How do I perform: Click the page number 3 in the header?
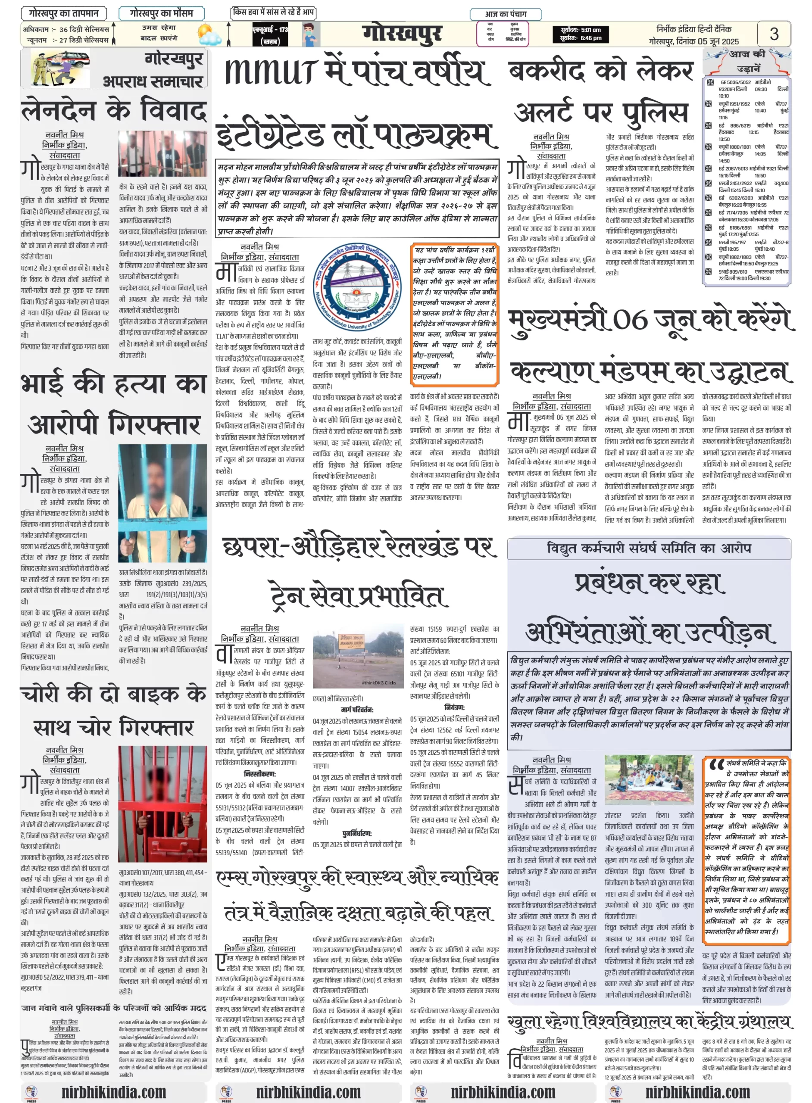[x=774, y=34]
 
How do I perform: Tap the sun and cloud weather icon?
[x=209, y=34]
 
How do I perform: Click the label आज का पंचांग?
[x=506, y=14]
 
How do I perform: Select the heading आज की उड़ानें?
[x=747, y=61]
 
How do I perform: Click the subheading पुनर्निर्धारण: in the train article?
[x=357, y=833]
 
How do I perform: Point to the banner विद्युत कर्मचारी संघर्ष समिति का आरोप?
[x=648, y=548]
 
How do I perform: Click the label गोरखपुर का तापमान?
[x=64, y=13]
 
